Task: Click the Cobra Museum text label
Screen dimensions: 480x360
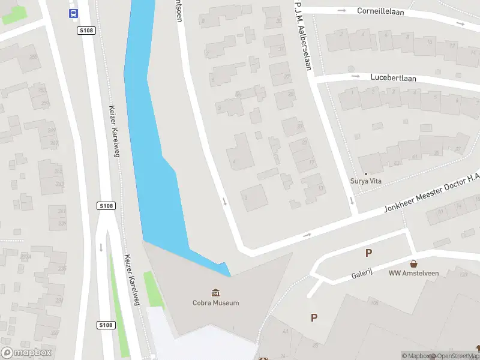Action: click(x=215, y=303)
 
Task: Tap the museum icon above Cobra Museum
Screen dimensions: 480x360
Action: click(x=215, y=293)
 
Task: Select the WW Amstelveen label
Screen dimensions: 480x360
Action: click(x=413, y=274)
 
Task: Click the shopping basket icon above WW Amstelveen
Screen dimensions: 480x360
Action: click(x=413, y=264)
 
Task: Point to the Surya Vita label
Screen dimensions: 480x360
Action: click(x=366, y=181)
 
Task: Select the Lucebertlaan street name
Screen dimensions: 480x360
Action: click(x=393, y=78)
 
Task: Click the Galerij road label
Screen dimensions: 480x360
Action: click(x=362, y=274)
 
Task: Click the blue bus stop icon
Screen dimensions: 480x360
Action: click(x=73, y=13)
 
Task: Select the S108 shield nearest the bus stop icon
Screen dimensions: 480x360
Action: click(x=86, y=30)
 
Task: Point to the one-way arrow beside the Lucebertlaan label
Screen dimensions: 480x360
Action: click(x=355, y=76)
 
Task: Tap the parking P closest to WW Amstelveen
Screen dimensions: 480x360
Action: click(x=368, y=253)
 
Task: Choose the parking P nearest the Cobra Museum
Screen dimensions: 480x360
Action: click(x=313, y=318)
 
